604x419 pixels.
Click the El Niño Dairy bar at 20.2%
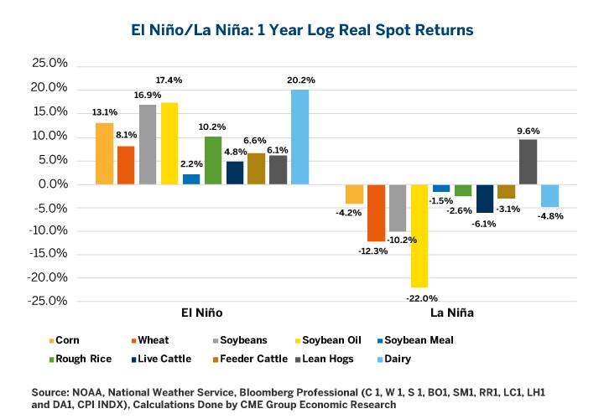299,137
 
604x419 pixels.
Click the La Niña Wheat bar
376,212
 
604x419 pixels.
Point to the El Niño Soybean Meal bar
191,178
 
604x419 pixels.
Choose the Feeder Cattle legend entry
305,358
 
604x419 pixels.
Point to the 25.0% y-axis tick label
49,64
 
